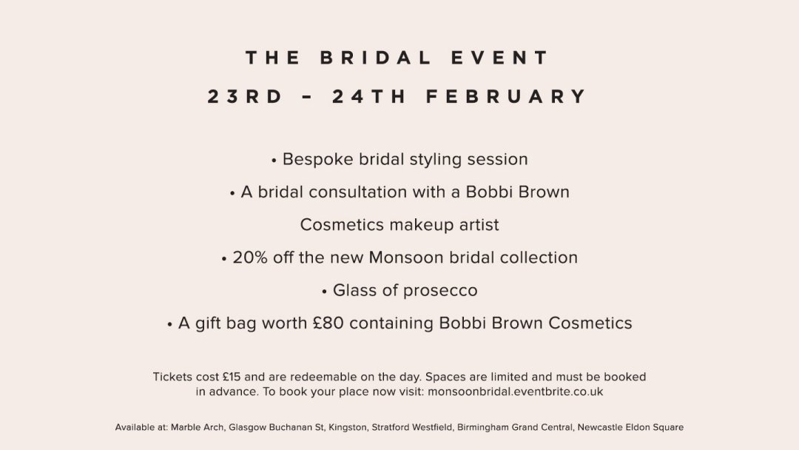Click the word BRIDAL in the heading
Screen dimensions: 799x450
point(376,58)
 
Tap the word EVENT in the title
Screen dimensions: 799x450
point(499,58)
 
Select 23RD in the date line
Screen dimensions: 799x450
point(245,96)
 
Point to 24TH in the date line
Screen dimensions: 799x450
point(369,96)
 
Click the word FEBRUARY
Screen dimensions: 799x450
point(507,96)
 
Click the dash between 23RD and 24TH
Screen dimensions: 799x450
point(307,96)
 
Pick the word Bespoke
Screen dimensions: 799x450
point(318,160)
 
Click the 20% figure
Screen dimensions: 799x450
point(250,258)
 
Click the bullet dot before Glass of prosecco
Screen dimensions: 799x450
point(325,292)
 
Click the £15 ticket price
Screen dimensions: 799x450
point(232,377)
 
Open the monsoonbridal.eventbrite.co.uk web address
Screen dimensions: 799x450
point(515,392)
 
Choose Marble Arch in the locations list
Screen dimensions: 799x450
point(198,428)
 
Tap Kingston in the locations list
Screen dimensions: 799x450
point(348,428)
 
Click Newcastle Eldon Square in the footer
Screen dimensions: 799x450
point(630,428)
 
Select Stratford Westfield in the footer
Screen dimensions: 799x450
point(412,428)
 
